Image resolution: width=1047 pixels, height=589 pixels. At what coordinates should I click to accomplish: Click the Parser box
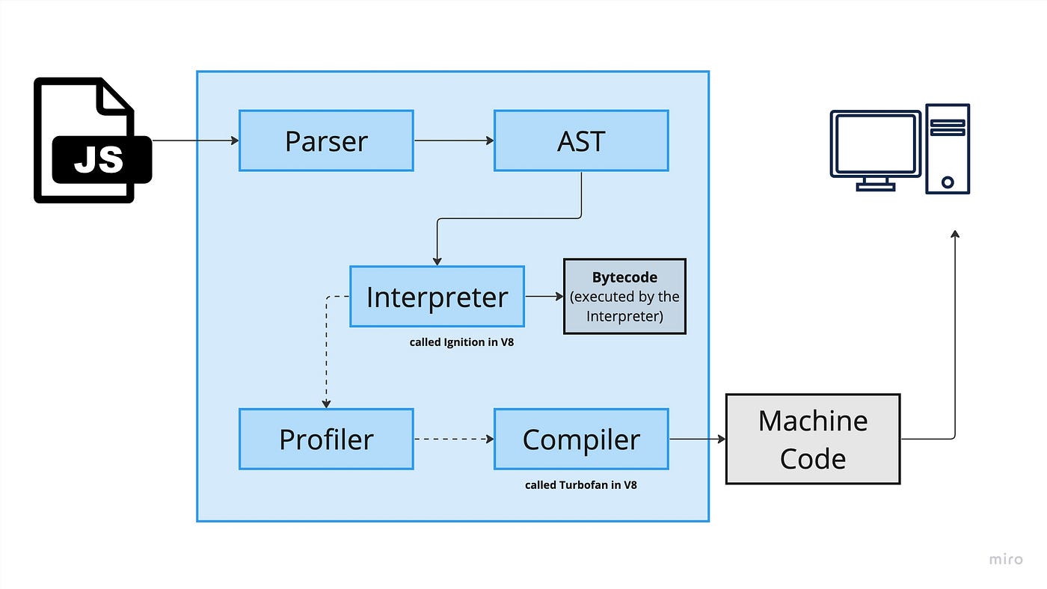[x=326, y=141]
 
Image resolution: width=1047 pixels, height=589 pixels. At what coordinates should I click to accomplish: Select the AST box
[x=582, y=141]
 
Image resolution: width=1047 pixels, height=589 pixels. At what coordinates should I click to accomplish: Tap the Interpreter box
[x=437, y=297]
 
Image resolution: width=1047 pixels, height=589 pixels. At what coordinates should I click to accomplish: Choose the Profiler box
[x=326, y=439]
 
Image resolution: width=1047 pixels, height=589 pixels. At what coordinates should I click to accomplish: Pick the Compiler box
[x=582, y=439]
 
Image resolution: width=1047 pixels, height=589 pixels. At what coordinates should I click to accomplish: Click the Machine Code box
[x=813, y=439]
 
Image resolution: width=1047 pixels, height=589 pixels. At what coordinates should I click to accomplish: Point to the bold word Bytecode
[x=624, y=277]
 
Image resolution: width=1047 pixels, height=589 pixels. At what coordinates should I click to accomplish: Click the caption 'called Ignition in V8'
[x=461, y=342]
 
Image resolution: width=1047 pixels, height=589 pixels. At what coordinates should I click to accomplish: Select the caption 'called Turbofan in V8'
[x=580, y=485]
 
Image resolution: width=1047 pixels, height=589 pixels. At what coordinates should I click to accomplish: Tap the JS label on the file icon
[x=99, y=160]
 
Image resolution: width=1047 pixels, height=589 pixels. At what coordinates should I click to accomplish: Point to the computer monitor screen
[x=875, y=144]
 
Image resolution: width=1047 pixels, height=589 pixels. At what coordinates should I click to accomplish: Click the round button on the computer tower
[x=948, y=182]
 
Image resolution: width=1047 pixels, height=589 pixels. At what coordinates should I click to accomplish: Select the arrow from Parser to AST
[x=454, y=141]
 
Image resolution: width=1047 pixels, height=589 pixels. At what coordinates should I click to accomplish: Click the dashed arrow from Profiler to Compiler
[x=454, y=439]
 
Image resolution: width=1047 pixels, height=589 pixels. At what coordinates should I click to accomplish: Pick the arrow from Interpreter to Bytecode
[x=544, y=297]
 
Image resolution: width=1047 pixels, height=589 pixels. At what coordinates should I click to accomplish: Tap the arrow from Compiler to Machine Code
[x=697, y=439]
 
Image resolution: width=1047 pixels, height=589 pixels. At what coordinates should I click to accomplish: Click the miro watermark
[x=1006, y=559]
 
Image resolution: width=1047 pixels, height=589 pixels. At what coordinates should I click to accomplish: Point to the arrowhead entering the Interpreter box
[x=437, y=262]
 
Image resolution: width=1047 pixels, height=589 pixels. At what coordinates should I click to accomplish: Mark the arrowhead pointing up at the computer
[x=955, y=234]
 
